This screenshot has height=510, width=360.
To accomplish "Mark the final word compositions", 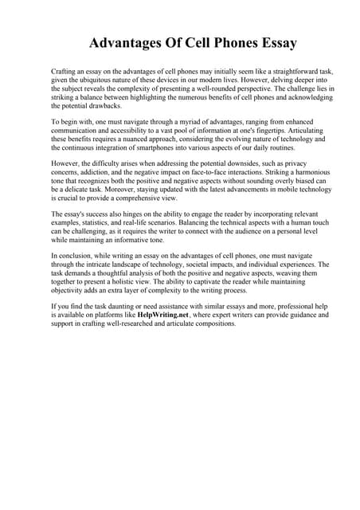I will coord(210,324).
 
